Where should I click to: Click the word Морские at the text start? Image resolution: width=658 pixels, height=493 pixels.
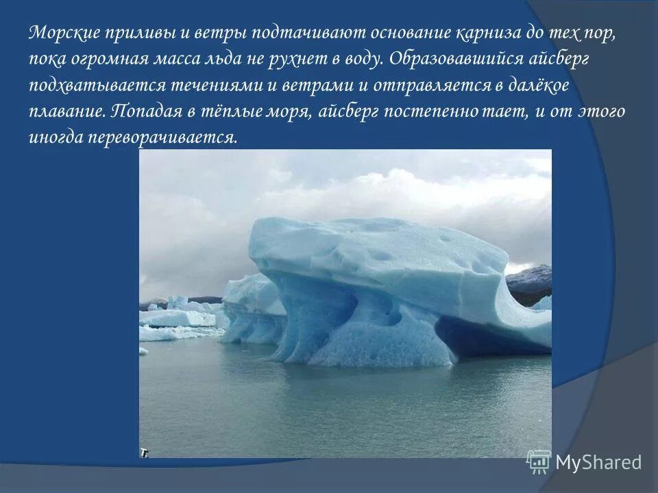65,34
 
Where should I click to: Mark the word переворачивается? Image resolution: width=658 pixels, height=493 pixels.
162,138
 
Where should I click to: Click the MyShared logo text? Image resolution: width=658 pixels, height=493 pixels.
598,462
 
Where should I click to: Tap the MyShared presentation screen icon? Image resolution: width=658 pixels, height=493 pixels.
539,462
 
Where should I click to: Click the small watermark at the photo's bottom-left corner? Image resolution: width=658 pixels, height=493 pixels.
145,453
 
